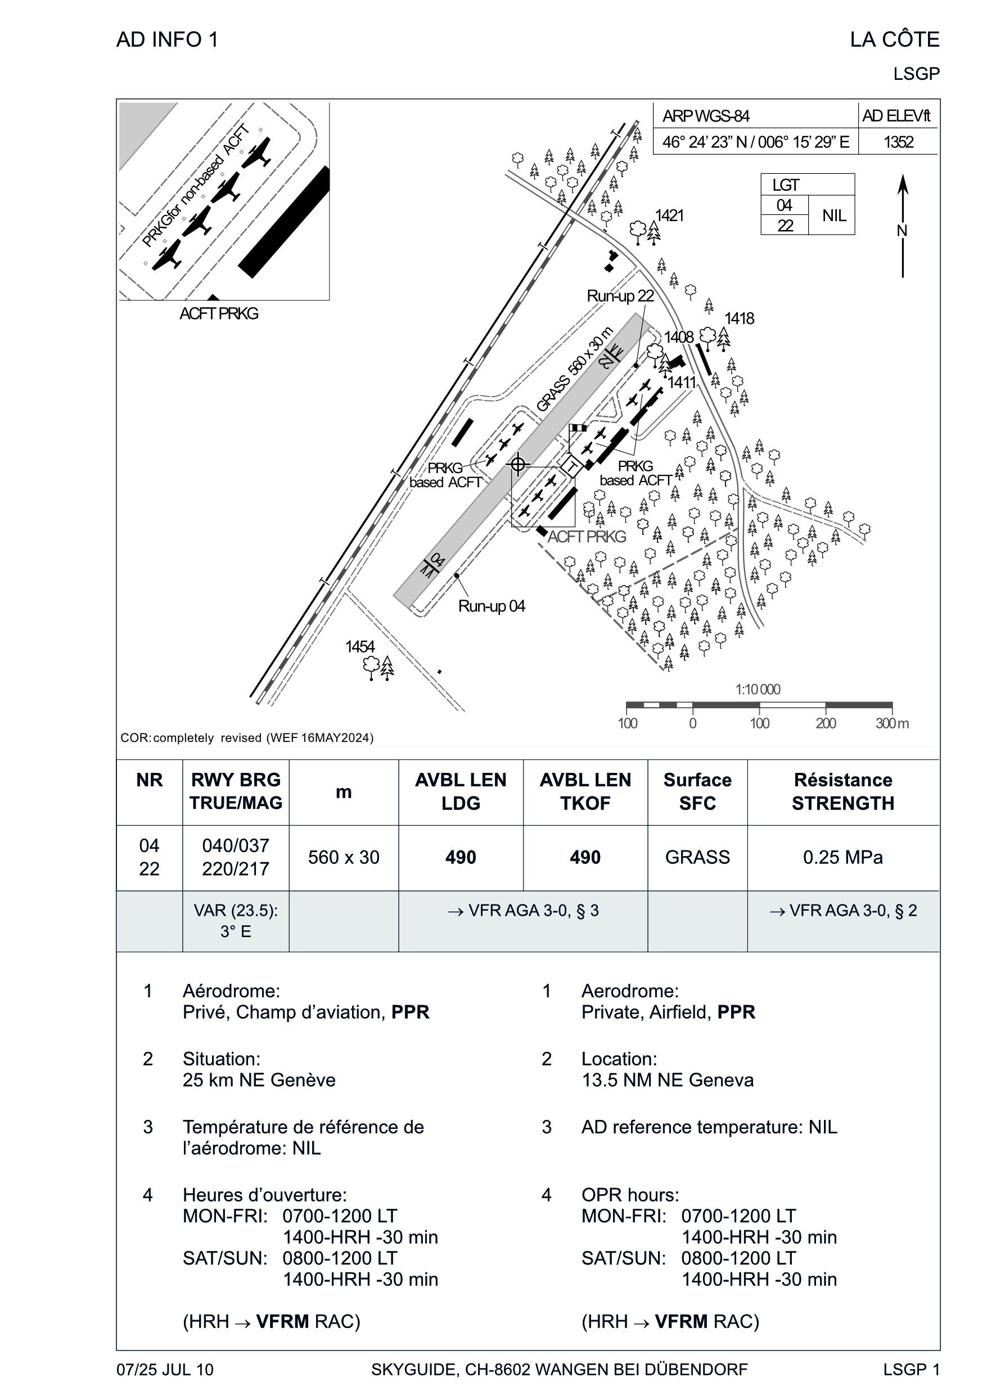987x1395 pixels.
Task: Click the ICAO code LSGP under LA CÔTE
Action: tap(916, 74)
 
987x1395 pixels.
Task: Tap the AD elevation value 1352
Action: tap(898, 142)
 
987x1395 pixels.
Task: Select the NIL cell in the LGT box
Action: tap(834, 215)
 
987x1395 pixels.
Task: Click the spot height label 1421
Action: tap(669, 215)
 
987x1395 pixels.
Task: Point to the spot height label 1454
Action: tap(360, 646)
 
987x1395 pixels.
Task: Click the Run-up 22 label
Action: tap(620, 296)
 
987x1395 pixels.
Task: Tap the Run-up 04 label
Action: tap(491, 606)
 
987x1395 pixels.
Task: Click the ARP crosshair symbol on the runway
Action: tap(518, 465)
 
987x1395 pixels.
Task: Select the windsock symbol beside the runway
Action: tap(578, 428)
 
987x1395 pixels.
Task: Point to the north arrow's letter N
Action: tap(902, 231)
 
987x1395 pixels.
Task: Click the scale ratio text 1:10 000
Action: tap(758, 689)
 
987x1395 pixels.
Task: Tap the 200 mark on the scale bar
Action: tap(826, 723)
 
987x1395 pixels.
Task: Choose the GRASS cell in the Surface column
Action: tap(697, 857)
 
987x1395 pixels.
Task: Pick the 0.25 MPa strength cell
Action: tap(843, 857)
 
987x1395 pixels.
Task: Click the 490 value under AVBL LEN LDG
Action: tap(461, 857)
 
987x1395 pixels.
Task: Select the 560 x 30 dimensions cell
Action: tap(344, 857)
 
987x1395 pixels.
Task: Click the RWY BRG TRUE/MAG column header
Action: tap(236, 791)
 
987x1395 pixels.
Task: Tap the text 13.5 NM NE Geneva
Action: tap(668, 1080)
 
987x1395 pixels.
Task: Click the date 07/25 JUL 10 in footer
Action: tap(165, 1370)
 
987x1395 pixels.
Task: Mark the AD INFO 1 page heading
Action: tap(167, 39)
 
